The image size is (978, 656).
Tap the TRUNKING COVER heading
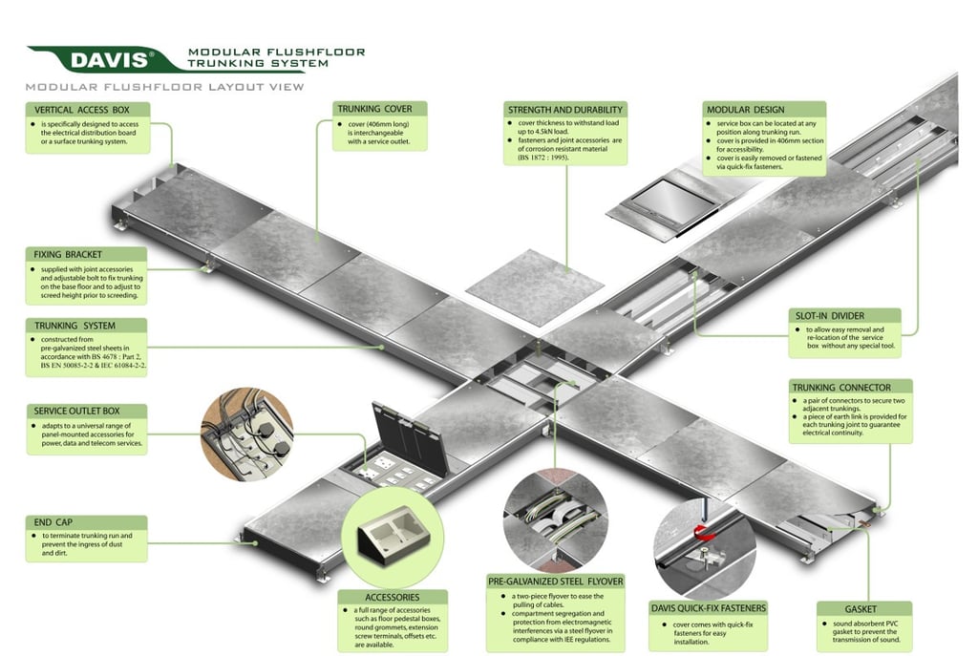click(x=374, y=109)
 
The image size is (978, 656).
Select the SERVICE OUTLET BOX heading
click(x=77, y=412)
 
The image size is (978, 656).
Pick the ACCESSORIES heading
click(x=392, y=598)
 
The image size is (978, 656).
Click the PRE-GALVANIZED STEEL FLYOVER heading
click(x=555, y=581)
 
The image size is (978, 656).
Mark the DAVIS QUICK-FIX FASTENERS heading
click(x=708, y=608)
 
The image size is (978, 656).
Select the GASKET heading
click(x=840, y=608)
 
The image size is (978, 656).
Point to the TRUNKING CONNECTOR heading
click(x=840, y=387)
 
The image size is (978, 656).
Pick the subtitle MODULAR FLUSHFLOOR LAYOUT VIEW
click(x=165, y=87)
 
